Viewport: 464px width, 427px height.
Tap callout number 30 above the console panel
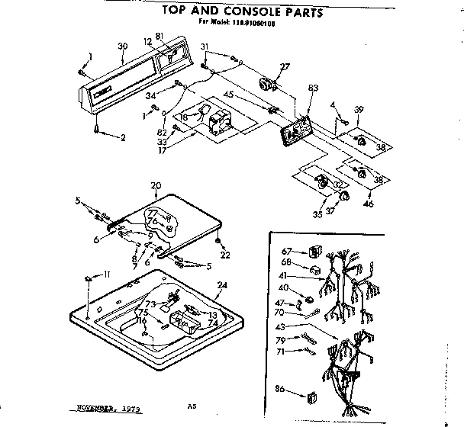coord(122,47)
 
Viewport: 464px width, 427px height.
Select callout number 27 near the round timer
coord(285,68)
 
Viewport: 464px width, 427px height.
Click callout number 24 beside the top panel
coord(222,287)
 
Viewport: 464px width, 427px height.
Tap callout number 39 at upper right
coord(359,109)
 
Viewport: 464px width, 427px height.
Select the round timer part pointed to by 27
coord(267,85)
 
